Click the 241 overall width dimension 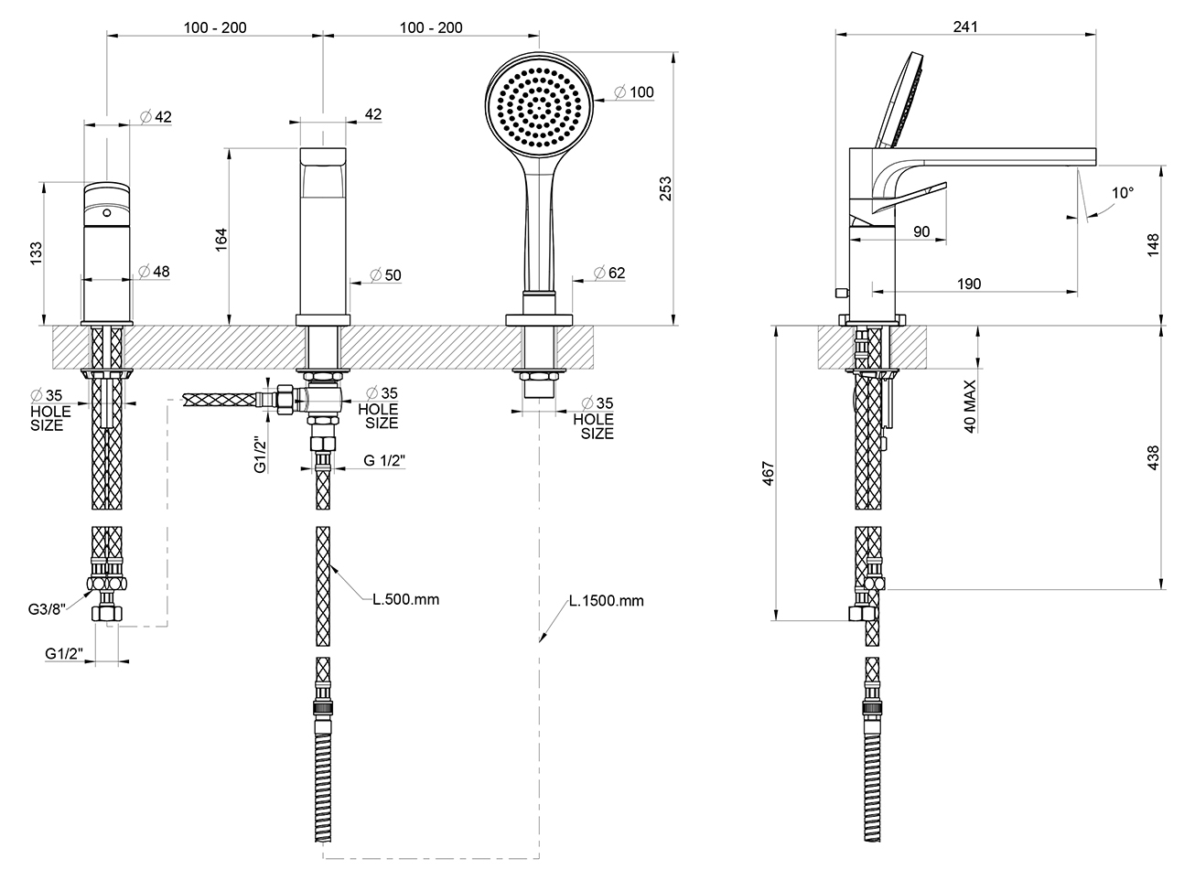click(x=965, y=27)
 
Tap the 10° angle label click(x=1123, y=192)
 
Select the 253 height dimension click(x=666, y=188)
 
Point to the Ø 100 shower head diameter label click(x=634, y=92)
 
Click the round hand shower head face click(x=539, y=105)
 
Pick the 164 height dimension click(x=221, y=240)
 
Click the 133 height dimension click(x=36, y=253)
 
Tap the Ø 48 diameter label click(x=154, y=272)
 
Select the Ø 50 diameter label click(x=386, y=275)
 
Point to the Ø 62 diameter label click(x=609, y=274)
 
